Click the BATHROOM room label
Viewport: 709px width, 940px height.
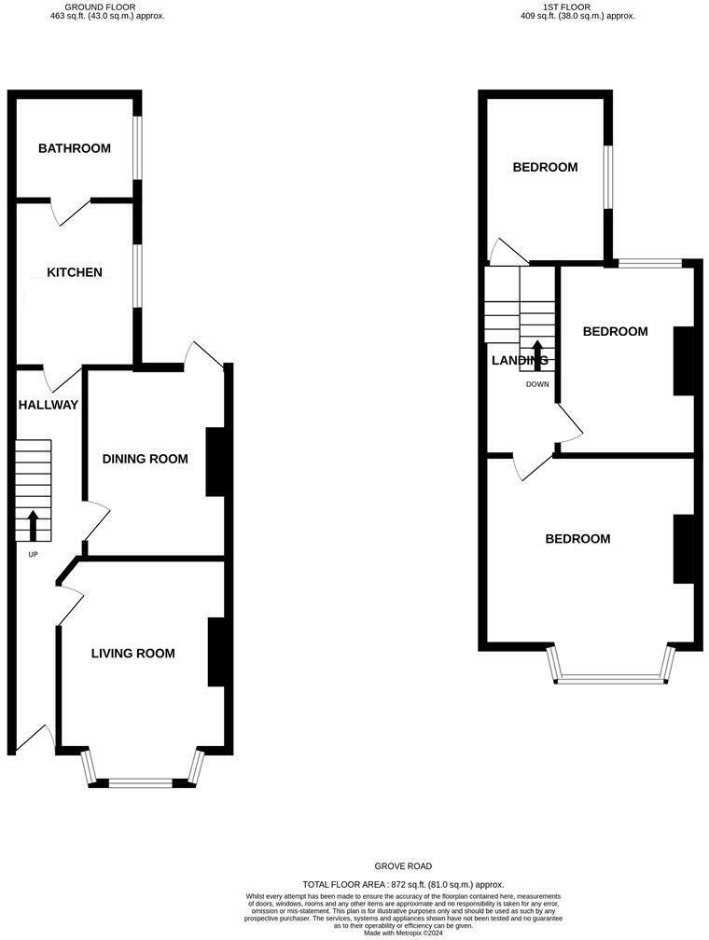point(75,148)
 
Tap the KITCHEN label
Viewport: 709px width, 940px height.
point(75,272)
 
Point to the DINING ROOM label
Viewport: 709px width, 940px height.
point(145,459)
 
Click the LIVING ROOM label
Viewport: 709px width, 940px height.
point(132,653)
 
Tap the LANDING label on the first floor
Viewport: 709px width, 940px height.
point(520,360)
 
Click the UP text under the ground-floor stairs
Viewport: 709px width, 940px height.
point(34,554)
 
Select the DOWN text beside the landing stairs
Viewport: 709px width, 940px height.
point(537,384)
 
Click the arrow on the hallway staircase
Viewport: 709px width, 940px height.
point(34,525)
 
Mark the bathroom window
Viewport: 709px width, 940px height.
point(137,148)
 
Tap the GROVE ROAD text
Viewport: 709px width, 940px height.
point(404,866)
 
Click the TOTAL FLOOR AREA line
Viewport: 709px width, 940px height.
point(403,884)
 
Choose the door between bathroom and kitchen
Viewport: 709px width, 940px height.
point(70,210)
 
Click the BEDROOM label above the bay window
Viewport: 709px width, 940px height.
point(577,539)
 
